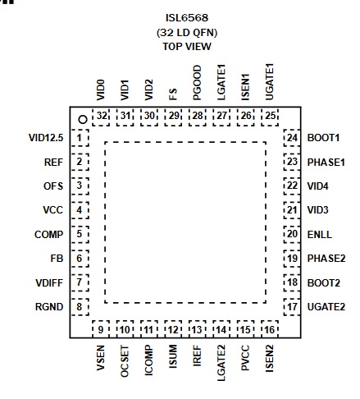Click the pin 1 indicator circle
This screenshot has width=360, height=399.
(x=83, y=119)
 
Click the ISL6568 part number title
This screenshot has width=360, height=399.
(x=187, y=18)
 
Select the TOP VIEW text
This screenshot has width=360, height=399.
(x=187, y=47)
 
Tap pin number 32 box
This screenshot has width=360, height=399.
(x=101, y=117)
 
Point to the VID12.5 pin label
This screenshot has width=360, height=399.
(x=46, y=138)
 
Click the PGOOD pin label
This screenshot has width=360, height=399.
(x=197, y=82)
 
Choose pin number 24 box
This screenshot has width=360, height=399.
(x=292, y=138)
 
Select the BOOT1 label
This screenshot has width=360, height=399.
(x=323, y=138)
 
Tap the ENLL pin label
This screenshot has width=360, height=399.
(x=320, y=235)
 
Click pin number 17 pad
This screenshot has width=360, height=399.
(x=292, y=307)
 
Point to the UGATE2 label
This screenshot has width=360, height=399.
(x=326, y=307)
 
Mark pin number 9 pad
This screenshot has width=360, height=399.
(x=101, y=329)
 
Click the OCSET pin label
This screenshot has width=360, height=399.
(x=125, y=361)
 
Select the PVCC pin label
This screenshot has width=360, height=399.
(x=245, y=358)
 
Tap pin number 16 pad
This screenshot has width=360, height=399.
(x=270, y=329)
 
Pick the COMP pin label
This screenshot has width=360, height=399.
(x=49, y=235)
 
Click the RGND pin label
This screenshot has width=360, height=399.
(x=49, y=307)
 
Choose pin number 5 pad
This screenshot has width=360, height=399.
(x=80, y=235)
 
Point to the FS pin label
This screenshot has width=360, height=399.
(x=173, y=94)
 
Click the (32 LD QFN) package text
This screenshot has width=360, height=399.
(x=187, y=33)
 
